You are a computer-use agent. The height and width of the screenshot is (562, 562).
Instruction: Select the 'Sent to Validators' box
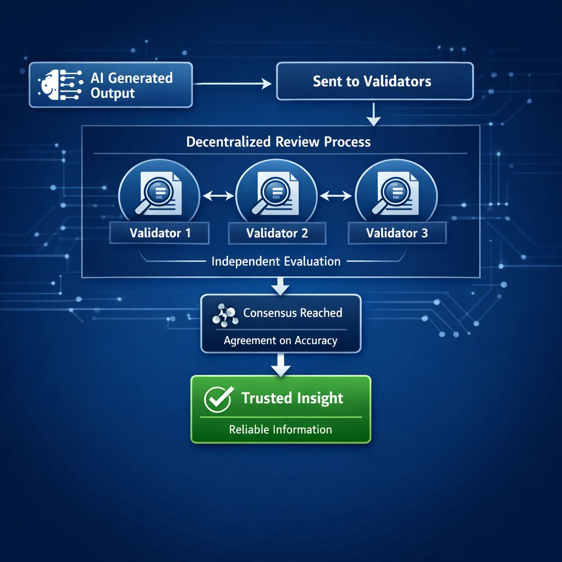[374, 81]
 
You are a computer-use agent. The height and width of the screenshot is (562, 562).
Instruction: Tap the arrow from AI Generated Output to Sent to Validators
[234, 83]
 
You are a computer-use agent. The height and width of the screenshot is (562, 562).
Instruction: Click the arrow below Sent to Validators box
[373, 113]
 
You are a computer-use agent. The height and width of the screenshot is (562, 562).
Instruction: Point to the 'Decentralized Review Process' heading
[278, 142]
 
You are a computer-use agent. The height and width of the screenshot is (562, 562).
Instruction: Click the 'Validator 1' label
[160, 233]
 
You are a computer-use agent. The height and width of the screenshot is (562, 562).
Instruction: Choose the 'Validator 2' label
[277, 233]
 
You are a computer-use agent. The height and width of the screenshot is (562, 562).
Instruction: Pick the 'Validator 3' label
[397, 233]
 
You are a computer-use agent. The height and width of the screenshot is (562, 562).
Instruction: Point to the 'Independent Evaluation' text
[276, 261]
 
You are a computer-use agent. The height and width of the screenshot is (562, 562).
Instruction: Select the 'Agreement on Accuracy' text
[280, 341]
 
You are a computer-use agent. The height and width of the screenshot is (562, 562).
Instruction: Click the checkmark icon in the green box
[218, 399]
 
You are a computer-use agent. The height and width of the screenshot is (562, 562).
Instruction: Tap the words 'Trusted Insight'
[292, 398]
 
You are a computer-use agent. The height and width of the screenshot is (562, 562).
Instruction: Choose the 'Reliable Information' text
[280, 429]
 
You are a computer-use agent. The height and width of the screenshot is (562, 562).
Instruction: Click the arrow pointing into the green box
[281, 364]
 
